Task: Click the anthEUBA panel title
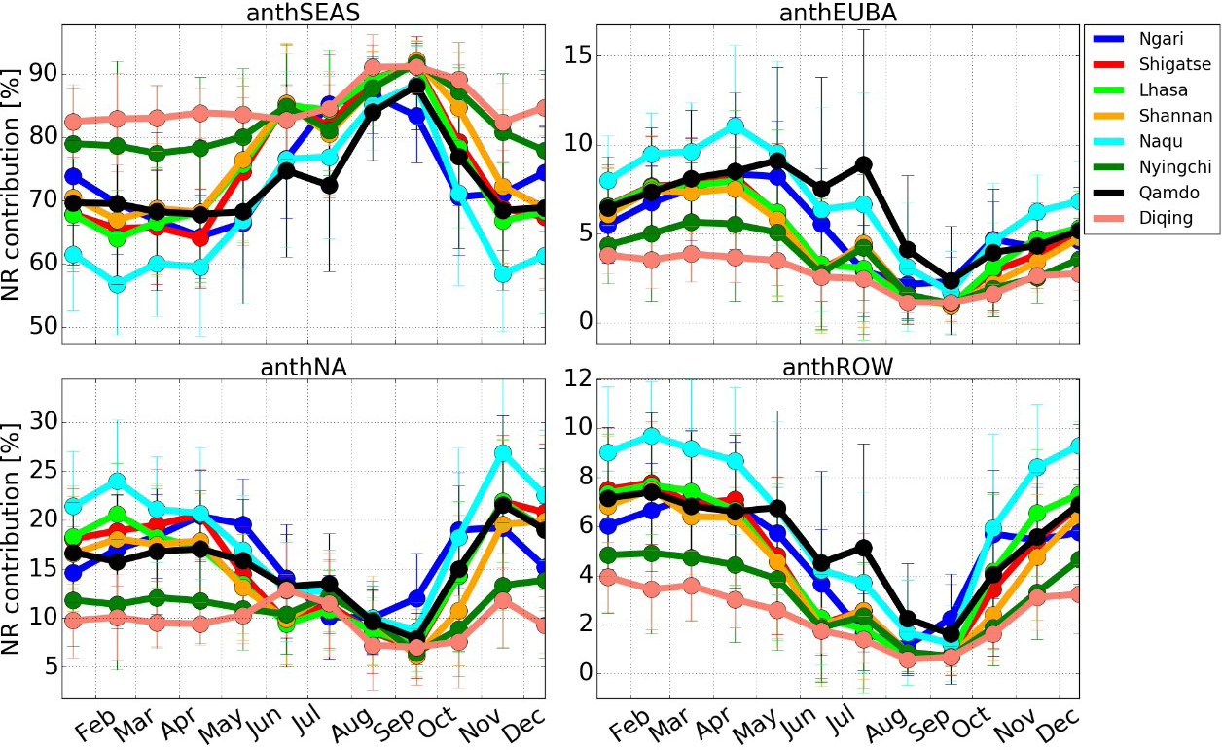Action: click(838, 12)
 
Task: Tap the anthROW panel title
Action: click(838, 366)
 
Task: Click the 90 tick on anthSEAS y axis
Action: click(43, 74)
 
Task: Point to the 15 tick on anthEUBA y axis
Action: click(578, 54)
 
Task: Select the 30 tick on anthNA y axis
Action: click(43, 422)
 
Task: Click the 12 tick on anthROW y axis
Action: click(578, 378)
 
